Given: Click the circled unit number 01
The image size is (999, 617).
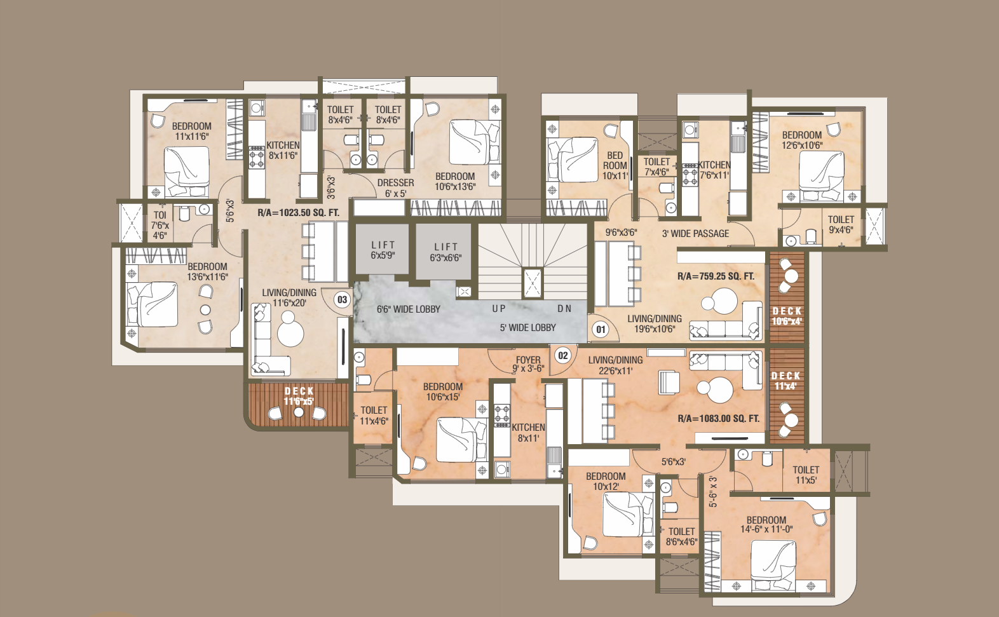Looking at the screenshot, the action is click(x=601, y=329).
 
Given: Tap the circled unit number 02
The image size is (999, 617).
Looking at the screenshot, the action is click(x=563, y=355).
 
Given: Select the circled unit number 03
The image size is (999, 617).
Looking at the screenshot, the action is click(x=342, y=299).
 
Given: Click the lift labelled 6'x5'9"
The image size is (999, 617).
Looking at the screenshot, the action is click(x=382, y=250).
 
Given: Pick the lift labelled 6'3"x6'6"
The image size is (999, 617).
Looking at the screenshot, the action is click(x=444, y=252).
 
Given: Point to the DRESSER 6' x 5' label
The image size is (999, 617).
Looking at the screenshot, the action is click(x=395, y=188).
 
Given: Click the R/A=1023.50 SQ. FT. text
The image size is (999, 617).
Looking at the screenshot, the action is click(x=298, y=213).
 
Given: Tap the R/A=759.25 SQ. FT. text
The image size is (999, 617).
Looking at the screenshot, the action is click(x=716, y=276).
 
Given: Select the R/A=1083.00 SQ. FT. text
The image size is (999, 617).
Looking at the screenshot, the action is click(x=719, y=419).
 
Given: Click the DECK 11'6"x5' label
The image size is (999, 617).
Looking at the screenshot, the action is click(x=299, y=396).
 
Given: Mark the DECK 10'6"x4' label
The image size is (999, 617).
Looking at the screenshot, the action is click(x=787, y=316).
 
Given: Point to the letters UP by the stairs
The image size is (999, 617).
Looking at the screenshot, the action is click(x=499, y=309).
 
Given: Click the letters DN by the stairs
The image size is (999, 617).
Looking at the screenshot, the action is click(x=564, y=309).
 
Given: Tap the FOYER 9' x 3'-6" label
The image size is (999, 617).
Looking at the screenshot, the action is click(x=528, y=364).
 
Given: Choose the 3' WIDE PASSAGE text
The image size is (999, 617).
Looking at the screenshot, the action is click(x=695, y=233).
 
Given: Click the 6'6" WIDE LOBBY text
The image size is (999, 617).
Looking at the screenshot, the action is click(x=409, y=309).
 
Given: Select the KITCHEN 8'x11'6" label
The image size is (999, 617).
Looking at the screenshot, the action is click(x=283, y=150).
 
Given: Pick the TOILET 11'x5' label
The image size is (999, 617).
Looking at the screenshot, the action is click(x=806, y=475).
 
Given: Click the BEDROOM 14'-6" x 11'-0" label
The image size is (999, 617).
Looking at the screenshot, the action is click(x=766, y=525).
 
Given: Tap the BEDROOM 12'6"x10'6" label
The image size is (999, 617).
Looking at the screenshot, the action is click(x=802, y=140).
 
